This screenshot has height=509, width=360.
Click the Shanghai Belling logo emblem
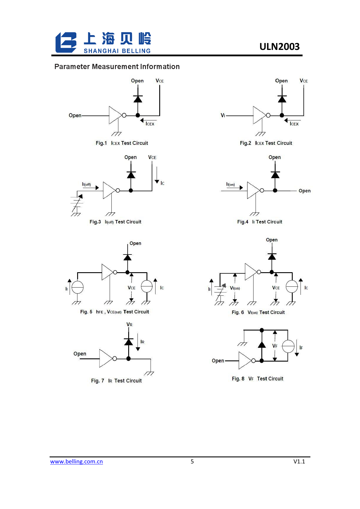tap(66, 42)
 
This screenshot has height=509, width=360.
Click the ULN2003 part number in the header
tap(279, 46)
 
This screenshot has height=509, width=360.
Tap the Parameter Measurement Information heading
tap(117, 67)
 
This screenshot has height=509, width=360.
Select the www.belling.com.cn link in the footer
tap(76, 461)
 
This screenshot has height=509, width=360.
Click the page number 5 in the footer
tap(192, 461)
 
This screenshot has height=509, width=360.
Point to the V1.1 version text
tap(299, 461)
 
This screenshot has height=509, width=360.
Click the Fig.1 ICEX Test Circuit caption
tap(122, 143)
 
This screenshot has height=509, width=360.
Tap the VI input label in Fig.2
tap(223, 115)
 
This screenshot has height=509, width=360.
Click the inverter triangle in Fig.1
tap(115, 115)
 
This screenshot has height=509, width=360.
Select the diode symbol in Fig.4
tap(275, 175)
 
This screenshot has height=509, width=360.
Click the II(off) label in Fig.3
tap(86, 184)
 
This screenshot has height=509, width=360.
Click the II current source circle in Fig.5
tap(77, 288)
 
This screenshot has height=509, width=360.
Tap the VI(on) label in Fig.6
tap(235, 288)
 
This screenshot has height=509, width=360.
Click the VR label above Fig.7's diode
tap(129, 324)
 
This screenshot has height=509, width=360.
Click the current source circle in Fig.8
tap(288, 346)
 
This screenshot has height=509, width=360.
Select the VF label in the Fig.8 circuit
tap(275, 346)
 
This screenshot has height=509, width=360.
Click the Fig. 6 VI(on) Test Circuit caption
tap(258, 313)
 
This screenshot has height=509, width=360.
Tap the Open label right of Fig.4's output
tap(305, 191)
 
